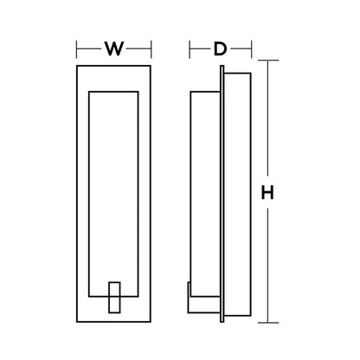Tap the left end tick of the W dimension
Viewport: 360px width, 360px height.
point(78,48)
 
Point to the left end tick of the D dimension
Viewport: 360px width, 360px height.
point(190,48)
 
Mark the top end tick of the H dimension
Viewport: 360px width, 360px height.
point(268,61)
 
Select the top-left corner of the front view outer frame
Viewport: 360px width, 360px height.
point(78,65)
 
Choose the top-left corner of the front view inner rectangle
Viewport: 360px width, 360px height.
point(92,88)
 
